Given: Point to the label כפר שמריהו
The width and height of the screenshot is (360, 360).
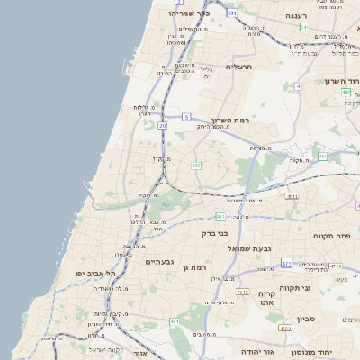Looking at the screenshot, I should pos(189,13).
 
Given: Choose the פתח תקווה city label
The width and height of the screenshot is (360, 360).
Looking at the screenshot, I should pos(332,236).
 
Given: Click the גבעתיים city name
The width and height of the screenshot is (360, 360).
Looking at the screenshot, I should pos(163,261).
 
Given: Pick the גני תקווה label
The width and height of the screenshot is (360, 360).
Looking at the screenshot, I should pos(319,288).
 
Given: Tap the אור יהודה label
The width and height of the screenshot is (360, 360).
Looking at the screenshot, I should pos(259,352).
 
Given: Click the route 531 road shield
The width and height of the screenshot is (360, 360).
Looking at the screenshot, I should pos(231,13).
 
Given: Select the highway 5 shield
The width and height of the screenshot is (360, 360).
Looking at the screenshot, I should pos(186,117).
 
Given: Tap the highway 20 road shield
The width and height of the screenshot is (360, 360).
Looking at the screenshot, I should pos(163,126).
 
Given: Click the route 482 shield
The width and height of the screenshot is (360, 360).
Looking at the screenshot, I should pos(195,165).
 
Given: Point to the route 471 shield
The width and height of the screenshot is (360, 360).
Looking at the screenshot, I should pos(286,264).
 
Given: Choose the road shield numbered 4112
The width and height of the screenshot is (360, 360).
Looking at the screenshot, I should pos(243,292).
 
